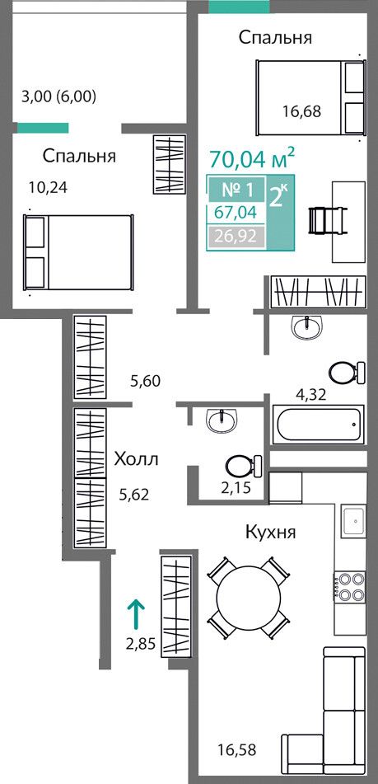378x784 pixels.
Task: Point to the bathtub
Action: point(318,425)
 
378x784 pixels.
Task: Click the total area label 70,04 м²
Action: point(252,159)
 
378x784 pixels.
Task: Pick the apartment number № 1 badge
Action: point(237,190)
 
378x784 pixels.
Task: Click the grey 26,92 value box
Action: point(236,235)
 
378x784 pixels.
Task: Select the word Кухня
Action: point(271,532)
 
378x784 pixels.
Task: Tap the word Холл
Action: point(136,458)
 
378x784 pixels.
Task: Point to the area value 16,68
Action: point(301,111)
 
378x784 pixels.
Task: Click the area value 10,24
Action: point(48,187)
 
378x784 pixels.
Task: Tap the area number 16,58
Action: point(237,749)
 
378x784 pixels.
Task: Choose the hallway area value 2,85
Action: point(140,643)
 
